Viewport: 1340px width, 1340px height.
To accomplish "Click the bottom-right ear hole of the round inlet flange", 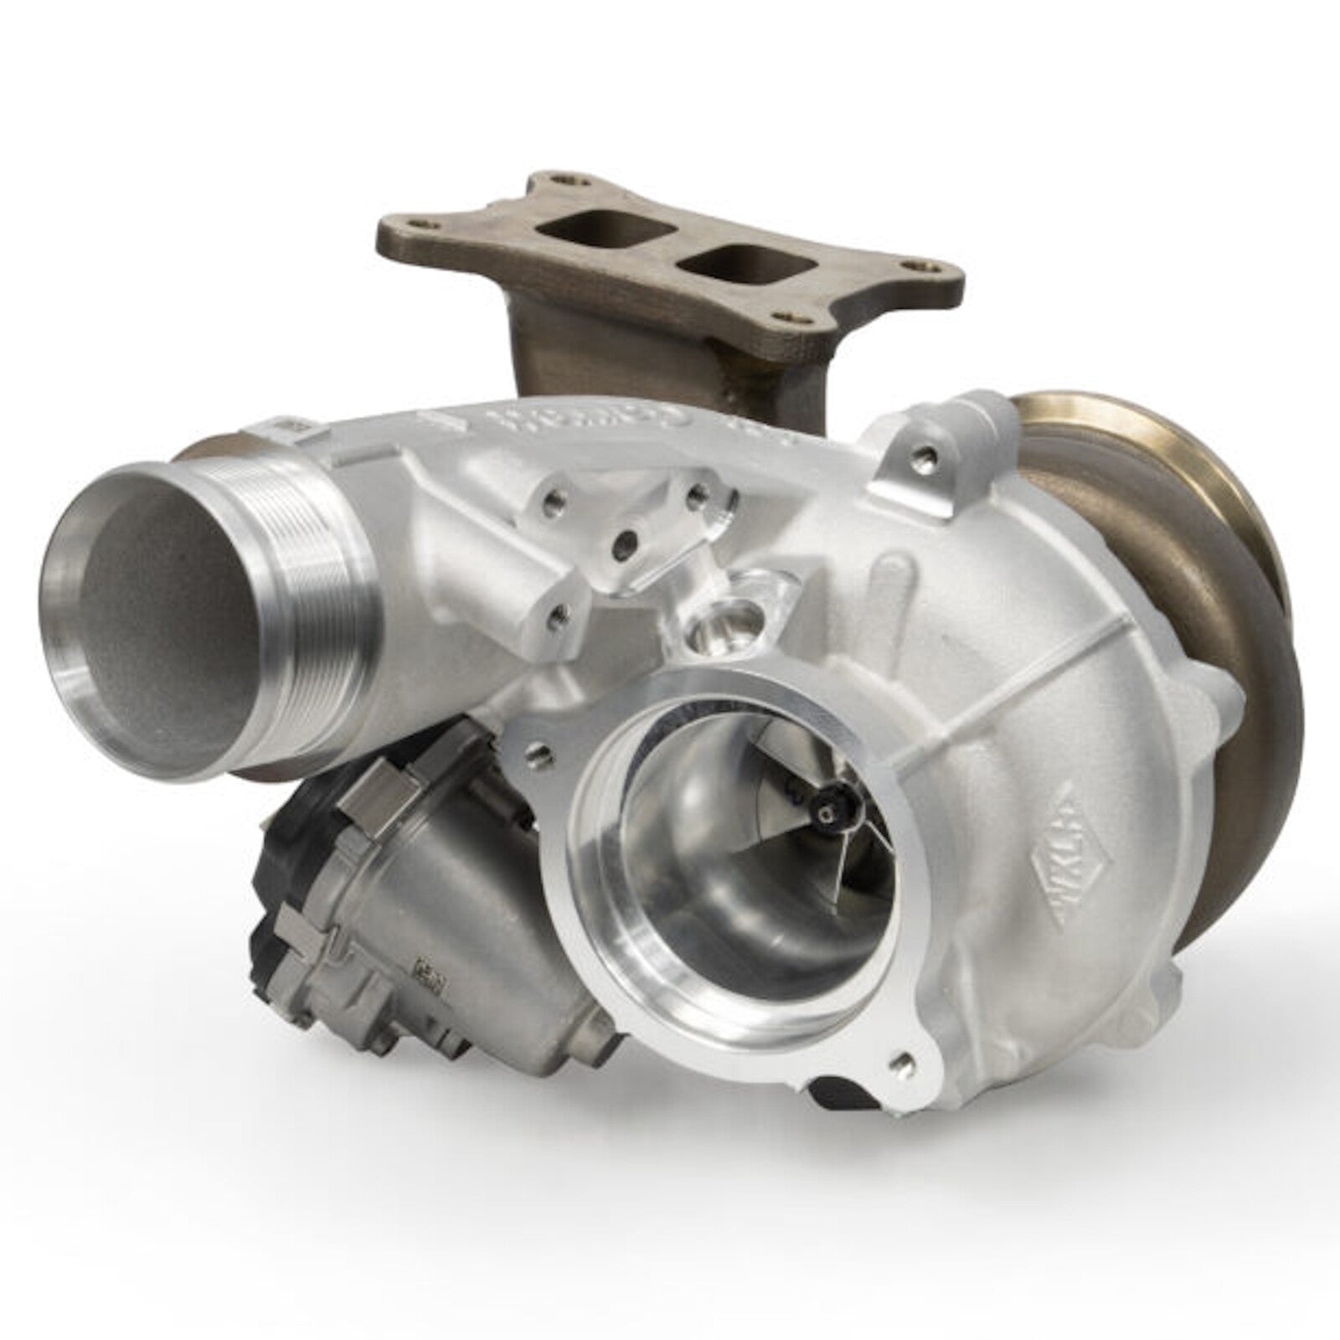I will (900, 1064).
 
